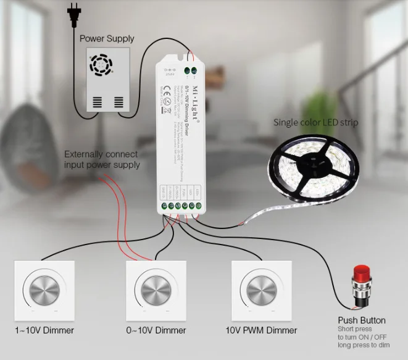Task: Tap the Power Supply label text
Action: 107,38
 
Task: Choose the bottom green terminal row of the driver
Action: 179,206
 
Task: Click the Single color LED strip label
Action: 315,122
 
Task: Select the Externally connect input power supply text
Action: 102,159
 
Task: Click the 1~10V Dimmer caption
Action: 44,330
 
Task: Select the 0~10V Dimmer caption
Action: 156,330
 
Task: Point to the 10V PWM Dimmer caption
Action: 261,330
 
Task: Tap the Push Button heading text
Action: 362,320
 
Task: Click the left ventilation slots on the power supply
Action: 98,101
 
